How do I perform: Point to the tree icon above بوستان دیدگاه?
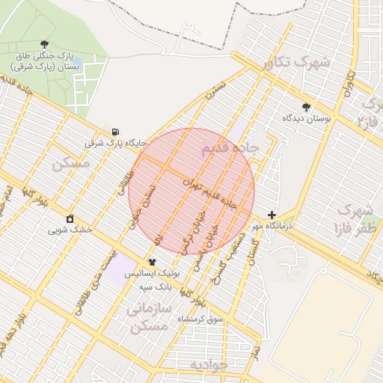pos(305,107)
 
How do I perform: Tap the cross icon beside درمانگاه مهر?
pos(272,215)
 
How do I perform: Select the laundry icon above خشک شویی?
pos(70,218)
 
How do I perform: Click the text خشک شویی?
pos(70,230)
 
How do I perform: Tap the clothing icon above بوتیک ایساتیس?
pos(152,262)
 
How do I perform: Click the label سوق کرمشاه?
pos(200,319)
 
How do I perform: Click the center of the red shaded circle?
pos(191,191)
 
